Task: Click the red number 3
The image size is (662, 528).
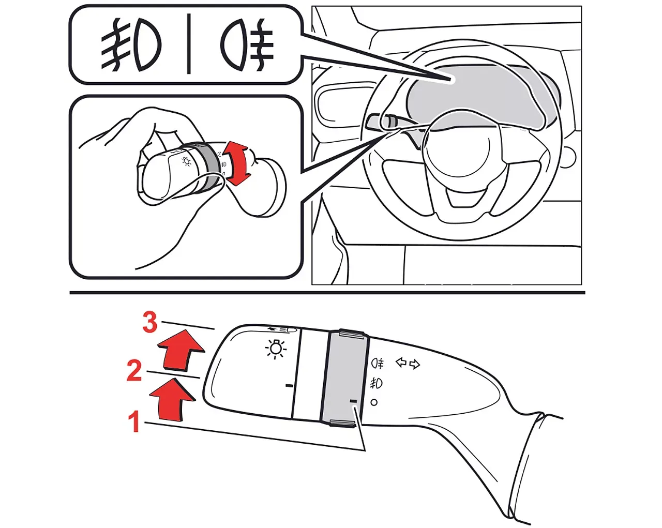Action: [x=150, y=322]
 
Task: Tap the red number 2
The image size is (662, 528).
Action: [x=134, y=371]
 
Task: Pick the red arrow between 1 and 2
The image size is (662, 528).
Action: [x=172, y=399]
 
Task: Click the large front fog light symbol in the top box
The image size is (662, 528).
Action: [x=131, y=45]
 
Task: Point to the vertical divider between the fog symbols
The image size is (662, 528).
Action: [x=189, y=43]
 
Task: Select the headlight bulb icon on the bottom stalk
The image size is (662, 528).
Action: [x=276, y=349]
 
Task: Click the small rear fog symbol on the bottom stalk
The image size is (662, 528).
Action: [x=378, y=364]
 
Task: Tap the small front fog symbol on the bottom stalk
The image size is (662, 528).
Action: [x=376, y=383]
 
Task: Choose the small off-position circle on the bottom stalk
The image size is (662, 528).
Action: [x=374, y=402]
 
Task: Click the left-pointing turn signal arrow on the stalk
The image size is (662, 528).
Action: [x=401, y=363]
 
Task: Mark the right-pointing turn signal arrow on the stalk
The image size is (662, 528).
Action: [x=415, y=364]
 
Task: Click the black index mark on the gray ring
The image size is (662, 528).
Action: [x=353, y=401]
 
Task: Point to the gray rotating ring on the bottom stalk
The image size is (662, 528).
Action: [x=344, y=379]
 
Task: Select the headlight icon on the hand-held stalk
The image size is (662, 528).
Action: [x=186, y=161]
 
